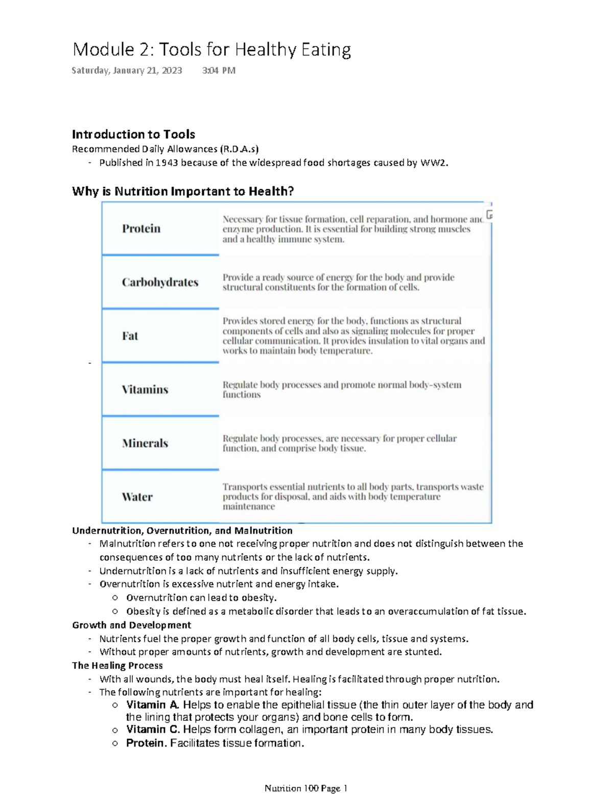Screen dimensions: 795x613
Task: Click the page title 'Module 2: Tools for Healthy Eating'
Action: (211, 50)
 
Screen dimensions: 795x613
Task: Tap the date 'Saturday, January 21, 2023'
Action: (127, 71)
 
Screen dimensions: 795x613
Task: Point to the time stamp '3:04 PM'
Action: (219, 71)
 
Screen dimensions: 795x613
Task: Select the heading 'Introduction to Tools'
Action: (133, 134)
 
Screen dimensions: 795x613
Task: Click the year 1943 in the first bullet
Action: (167, 163)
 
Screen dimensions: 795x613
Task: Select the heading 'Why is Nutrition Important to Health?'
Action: (183, 192)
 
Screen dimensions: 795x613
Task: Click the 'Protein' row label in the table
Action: (141, 228)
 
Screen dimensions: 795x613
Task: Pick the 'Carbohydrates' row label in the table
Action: (160, 282)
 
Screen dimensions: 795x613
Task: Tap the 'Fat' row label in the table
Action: (130, 336)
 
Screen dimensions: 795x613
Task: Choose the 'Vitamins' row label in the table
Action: (145, 389)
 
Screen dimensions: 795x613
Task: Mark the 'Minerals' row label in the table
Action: (145, 443)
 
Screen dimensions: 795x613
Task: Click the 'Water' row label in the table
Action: (137, 497)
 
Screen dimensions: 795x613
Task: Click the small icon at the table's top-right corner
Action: (489, 215)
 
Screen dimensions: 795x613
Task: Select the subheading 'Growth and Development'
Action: (131, 625)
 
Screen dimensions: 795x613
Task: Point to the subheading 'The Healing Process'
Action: (117, 665)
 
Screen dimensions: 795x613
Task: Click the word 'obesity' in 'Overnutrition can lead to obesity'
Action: (260, 598)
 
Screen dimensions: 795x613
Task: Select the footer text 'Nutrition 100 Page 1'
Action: (305, 788)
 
